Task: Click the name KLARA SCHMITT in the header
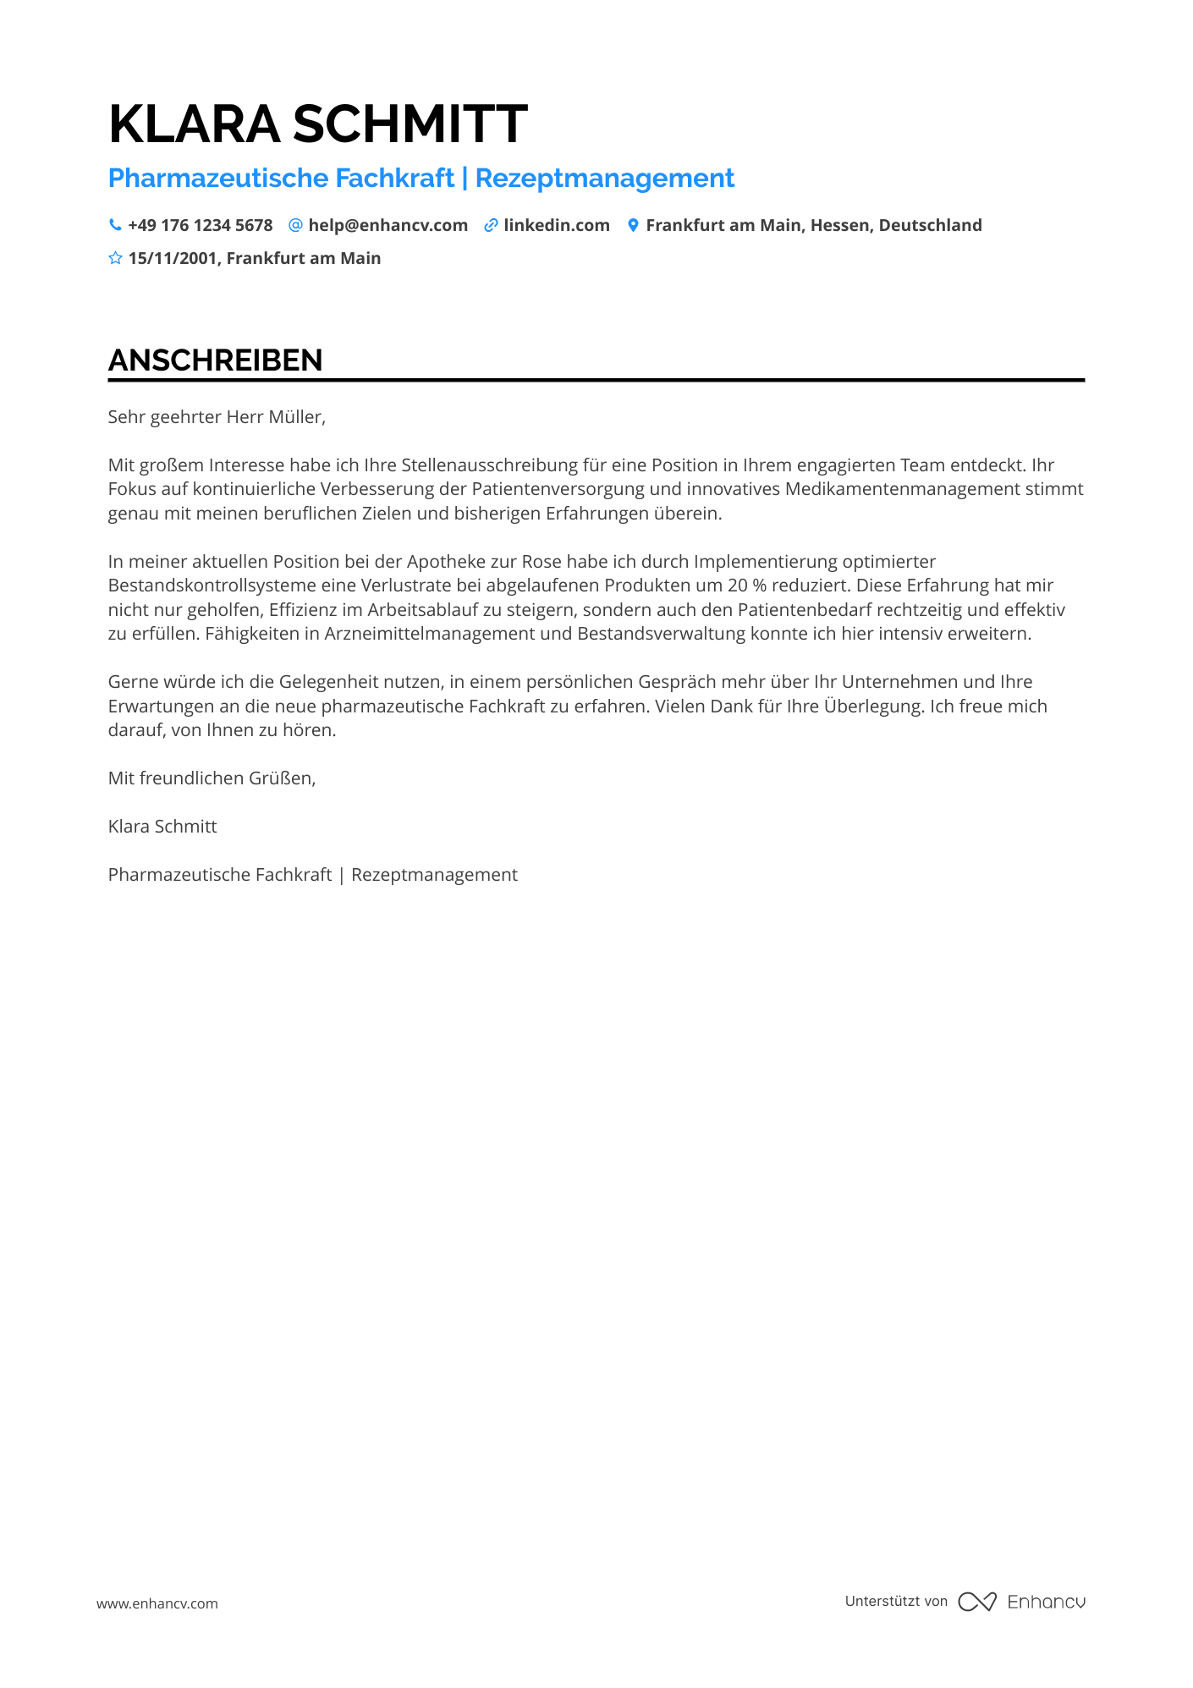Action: tap(317, 124)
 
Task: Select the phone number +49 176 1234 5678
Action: tap(200, 225)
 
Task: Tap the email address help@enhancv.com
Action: tap(388, 225)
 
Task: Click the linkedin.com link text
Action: tap(556, 225)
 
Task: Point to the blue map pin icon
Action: tap(632, 225)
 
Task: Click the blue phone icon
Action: tap(115, 225)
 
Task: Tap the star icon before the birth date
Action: tap(115, 258)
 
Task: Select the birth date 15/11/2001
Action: tap(173, 258)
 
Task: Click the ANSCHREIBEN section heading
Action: tap(215, 360)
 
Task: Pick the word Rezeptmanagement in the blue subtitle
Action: tap(604, 179)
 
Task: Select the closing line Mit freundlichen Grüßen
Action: tap(212, 778)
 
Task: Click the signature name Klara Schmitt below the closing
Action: tap(162, 827)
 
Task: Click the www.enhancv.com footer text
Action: tap(157, 1603)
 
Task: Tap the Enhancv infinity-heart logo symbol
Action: tap(976, 1602)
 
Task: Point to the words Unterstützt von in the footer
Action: tap(895, 1601)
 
